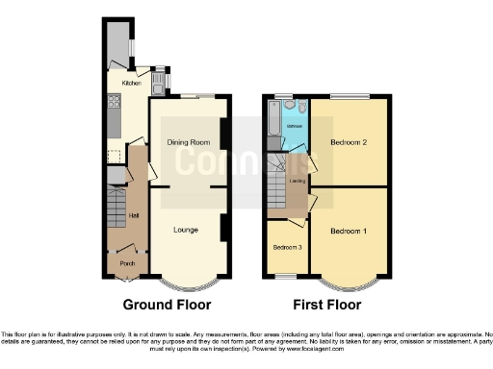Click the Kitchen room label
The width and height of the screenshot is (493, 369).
tap(130, 84)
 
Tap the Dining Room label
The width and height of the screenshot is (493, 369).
tap(189, 143)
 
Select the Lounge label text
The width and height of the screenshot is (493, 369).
tap(186, 230)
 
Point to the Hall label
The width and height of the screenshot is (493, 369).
tap(134, 216)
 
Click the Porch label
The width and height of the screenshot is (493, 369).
tap(125, 262)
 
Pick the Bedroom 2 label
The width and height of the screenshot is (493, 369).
tap(349, 142)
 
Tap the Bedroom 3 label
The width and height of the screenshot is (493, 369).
tap(287, 248)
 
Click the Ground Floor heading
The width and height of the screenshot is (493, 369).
tap(167, 306)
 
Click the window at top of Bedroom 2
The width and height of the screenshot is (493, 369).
tap(350, 96)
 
